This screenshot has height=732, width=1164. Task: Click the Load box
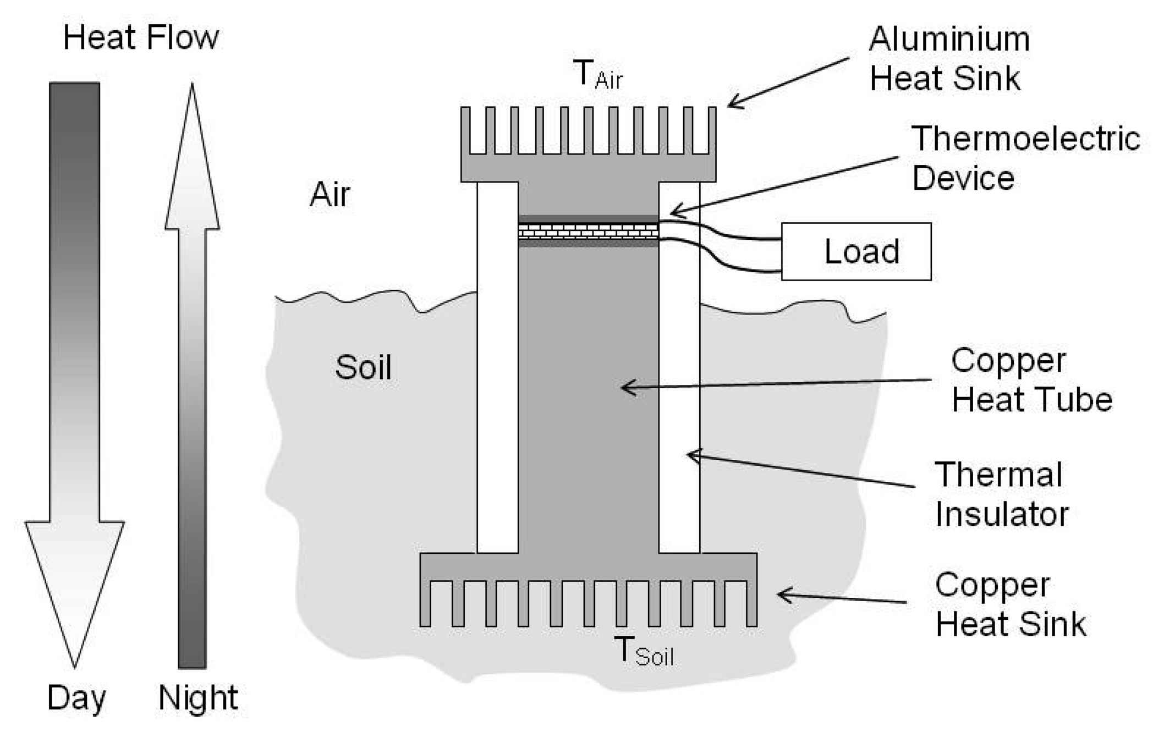click(x=856, y=251)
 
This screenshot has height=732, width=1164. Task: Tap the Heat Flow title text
click(x=141, y=37)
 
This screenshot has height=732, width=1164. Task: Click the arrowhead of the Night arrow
click(x=192, y=165)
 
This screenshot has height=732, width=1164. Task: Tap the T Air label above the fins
click(x=597, y=75)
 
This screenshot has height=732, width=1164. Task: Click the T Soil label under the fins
click(x=644, y=651)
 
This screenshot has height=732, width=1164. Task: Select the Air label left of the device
click(x=329, y=194)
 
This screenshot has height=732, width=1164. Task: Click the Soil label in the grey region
click(x=363, y=367)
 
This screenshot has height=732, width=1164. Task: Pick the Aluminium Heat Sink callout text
click(x=948, y=58)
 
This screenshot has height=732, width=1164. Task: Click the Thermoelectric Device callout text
click(x=1024, y=158)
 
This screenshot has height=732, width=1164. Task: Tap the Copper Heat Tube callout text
click(x=1031, y=379)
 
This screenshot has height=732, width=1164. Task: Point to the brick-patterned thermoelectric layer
click(x=588, y=231)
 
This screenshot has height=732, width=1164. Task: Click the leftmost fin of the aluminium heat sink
click(x=465, y=130)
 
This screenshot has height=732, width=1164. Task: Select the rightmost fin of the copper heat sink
click(x=751, y=603)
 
